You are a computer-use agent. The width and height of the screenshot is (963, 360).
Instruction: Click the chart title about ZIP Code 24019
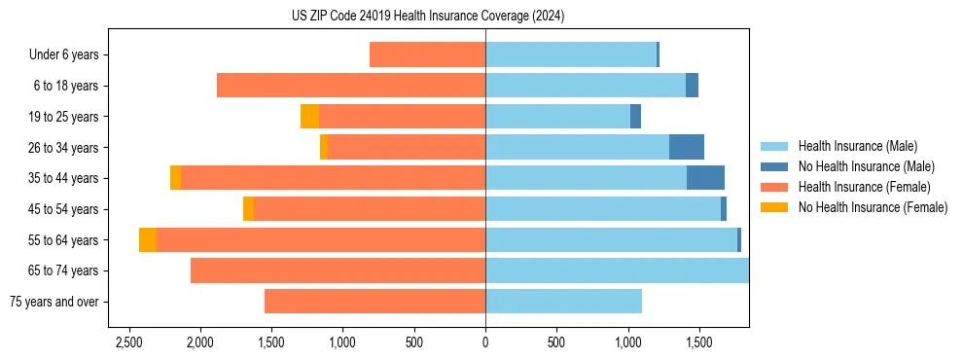(427, 17)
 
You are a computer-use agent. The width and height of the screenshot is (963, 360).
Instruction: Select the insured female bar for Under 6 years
(427, 54)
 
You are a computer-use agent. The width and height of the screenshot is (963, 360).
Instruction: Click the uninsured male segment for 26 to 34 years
(687, 147)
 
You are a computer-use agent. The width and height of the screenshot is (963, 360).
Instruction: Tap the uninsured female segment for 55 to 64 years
(148, 239)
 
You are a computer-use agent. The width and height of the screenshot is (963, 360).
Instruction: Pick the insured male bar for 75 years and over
(563, 302)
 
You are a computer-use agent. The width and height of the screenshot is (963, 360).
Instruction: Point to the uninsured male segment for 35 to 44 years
(705, 178)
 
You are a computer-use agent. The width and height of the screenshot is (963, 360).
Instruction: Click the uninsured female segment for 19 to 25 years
(309, 117)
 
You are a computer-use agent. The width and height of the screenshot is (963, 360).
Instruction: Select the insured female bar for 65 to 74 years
(338, 270)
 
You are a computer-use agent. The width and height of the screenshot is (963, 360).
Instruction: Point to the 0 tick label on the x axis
(485, 342)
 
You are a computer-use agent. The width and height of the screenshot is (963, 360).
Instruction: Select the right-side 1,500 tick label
(699, 342)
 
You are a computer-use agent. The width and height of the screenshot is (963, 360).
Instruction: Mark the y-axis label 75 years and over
(54, 302)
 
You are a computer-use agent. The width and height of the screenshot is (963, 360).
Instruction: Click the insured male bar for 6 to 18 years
(586, 86)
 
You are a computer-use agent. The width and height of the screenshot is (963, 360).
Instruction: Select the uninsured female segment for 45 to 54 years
(248, 209)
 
